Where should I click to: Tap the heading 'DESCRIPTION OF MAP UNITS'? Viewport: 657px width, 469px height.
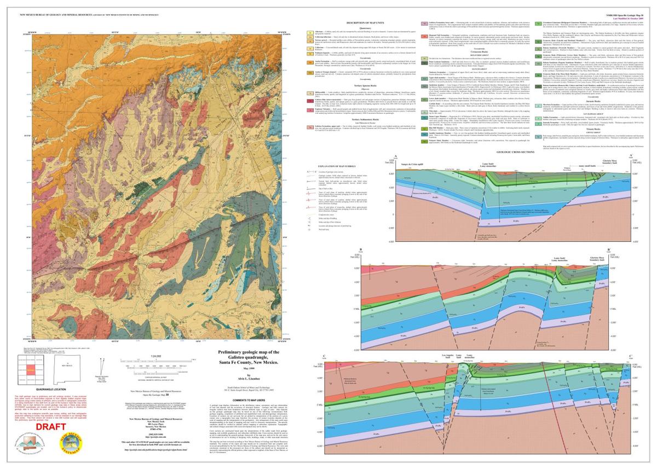pos(366,22)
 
